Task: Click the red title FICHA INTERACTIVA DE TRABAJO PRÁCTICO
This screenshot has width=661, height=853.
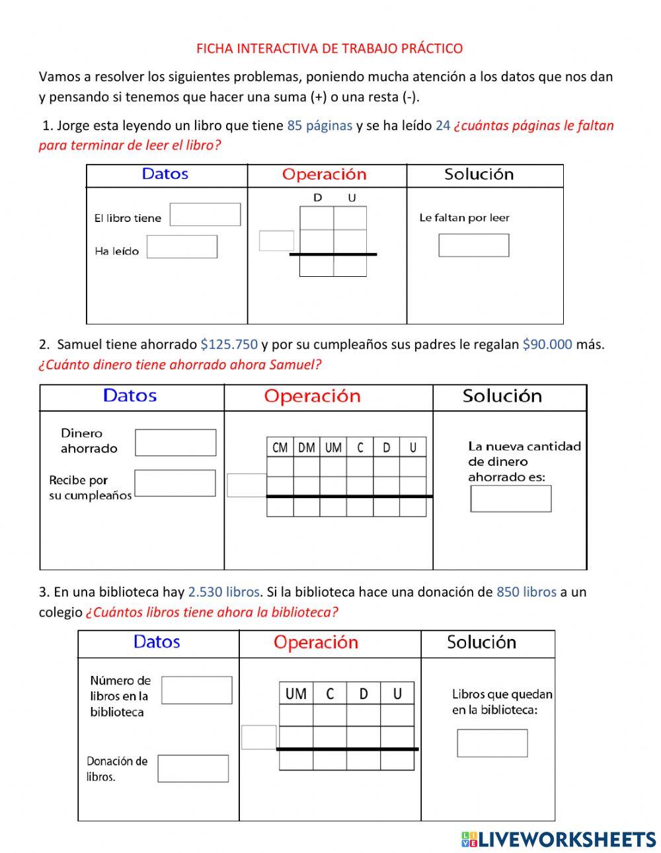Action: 329,48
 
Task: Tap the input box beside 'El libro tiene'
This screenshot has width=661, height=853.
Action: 205,215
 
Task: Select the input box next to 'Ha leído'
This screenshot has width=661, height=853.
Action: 182,247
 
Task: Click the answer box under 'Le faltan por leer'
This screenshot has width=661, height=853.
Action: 473,245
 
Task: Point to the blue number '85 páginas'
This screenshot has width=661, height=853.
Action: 319,126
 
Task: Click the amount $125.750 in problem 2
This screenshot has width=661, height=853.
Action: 229,344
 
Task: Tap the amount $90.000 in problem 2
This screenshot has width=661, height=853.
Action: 547,344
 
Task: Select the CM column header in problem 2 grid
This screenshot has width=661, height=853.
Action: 280,447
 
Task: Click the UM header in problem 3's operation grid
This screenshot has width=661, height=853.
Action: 295,694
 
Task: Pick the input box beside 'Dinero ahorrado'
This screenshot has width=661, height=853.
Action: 175,443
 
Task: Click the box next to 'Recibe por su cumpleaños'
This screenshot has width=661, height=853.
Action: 175,483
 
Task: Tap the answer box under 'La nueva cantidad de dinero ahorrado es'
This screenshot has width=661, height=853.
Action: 510,499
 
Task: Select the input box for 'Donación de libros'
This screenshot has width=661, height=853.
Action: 193,768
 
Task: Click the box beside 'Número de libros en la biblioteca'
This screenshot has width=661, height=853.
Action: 196,690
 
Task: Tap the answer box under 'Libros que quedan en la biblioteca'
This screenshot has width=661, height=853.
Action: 492,743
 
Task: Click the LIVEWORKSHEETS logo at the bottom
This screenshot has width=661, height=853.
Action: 559,839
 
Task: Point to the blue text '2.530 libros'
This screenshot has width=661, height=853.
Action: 223,592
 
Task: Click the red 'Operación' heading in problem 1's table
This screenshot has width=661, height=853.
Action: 324,174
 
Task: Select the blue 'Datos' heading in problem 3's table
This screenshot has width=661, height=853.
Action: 157,642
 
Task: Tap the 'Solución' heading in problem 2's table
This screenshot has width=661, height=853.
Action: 502,396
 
